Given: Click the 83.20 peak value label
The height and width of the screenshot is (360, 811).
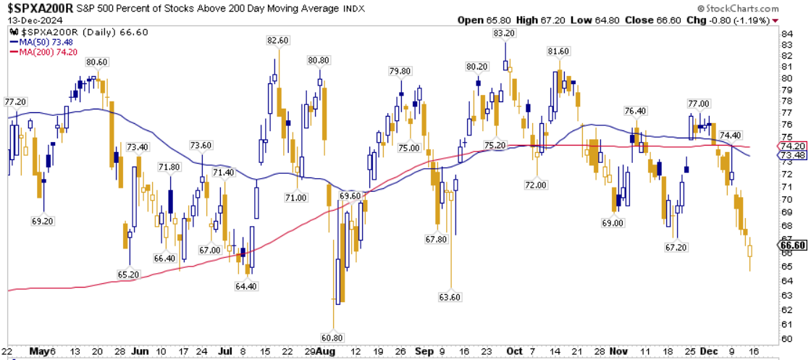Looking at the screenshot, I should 504,33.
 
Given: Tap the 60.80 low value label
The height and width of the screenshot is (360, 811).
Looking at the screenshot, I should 332,337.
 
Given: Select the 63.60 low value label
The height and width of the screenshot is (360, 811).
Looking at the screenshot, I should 450,297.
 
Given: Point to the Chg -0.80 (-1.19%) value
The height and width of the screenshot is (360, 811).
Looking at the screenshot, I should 746,20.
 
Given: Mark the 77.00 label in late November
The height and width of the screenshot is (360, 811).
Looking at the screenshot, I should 698,104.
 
